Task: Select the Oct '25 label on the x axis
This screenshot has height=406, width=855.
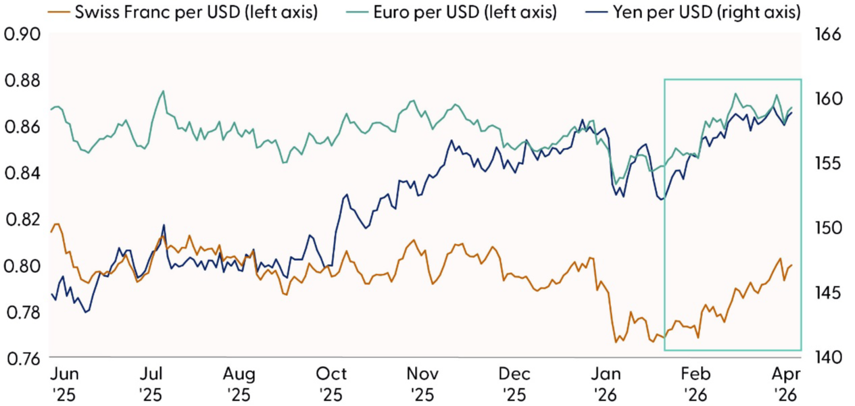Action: tap(331, 383)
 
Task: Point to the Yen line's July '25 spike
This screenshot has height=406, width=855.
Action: tap(164, 225)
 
